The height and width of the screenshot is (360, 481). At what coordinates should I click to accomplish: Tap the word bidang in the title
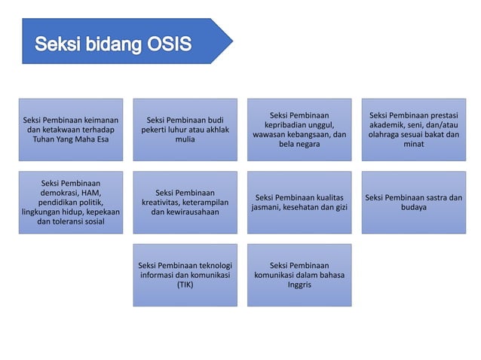[x=108, y=45]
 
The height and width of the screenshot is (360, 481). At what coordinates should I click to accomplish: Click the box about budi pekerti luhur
[x=184, y=129]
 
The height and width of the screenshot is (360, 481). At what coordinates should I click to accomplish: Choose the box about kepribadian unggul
[x=299, y=129]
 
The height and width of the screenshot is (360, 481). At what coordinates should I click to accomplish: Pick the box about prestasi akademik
[x=414, y=129]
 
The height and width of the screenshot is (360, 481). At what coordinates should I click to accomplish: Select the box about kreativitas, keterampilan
[x=184, y=202]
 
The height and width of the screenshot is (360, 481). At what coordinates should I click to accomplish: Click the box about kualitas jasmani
[x=299, y=202]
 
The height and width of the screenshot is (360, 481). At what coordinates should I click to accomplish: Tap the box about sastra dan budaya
[x=414, y=202]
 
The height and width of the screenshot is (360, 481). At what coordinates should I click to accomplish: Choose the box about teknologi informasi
[x=184, y=275]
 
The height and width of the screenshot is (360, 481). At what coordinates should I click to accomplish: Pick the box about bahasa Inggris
[x=299, y=275]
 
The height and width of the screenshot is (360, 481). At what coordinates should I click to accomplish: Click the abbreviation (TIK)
[x=184, y=285]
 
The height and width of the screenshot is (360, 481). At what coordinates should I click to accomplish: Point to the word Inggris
[x=299, y=285]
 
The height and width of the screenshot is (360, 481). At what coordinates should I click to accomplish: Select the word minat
[x=414, y=145]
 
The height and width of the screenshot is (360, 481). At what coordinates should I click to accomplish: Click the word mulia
[x=184, y=139]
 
